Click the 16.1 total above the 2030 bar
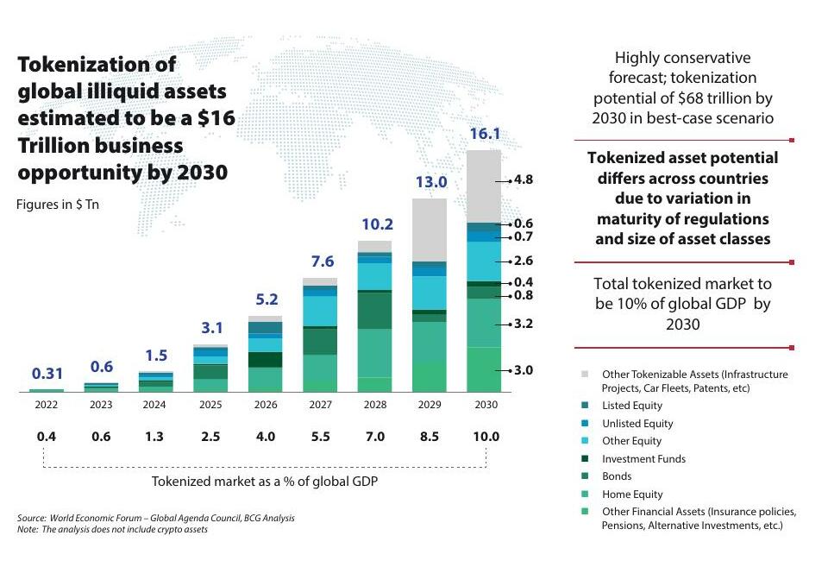coord(484,134)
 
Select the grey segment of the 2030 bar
coord(484,186)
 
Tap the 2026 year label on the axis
coord(265,406)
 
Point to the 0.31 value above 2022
coord(47,375)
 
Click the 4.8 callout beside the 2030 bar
coord(524,180)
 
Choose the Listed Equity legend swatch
coord(585,406)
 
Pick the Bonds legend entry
coord(617,476)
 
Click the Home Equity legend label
coord(632,495)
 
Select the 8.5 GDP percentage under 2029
coord(429,437)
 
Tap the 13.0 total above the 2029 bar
coord(430,182)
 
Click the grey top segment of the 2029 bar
coord(430,230)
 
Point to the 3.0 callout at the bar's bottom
coord(524,370)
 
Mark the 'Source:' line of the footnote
coord(156,518)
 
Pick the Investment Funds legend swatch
coord(585,459)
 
